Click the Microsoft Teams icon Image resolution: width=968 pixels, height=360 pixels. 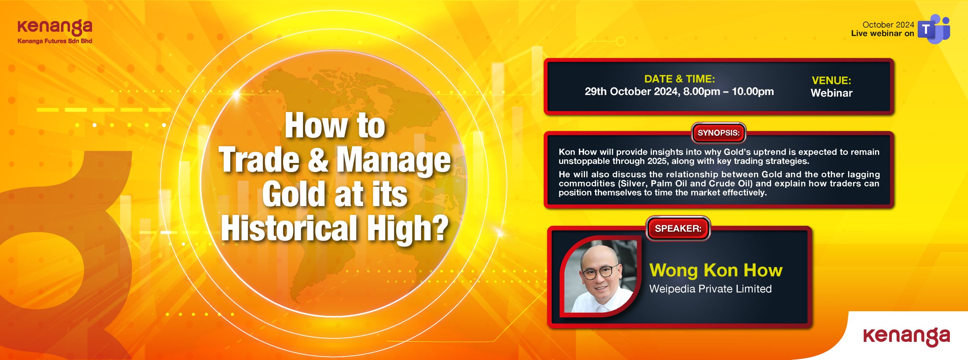[934, 29]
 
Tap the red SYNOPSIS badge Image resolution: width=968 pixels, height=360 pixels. [718, 133]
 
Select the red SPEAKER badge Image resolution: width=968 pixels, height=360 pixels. [678, 228]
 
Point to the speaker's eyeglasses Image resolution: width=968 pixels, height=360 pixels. [601, 272]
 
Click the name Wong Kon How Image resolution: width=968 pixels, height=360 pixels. [716, 270]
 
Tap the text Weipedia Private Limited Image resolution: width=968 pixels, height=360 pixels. [710, 289]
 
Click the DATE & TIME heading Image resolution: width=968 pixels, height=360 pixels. [679, 79]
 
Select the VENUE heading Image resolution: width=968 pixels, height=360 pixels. [831, 80]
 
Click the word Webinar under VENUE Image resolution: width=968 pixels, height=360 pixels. [831, 93]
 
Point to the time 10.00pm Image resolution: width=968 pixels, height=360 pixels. [753, 92]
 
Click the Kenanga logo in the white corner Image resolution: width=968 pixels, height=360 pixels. [906, 336]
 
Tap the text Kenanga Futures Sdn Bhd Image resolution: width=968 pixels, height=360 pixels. [55, 41]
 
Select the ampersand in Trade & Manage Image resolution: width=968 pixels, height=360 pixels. [318, 160]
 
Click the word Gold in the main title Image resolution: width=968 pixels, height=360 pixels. [294, 194]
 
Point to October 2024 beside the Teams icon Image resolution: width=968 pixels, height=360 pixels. [888, 25]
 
